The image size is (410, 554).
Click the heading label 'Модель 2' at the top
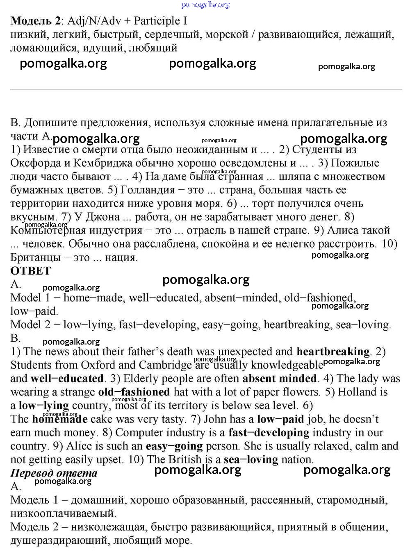pos(36,21)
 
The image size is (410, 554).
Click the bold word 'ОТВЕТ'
pos(31,271)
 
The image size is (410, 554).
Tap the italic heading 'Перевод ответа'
pos(54,473)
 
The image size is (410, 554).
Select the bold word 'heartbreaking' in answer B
pos(333,352)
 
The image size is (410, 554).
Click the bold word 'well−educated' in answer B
pos(67,379)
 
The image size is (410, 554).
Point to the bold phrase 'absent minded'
pos(279,379)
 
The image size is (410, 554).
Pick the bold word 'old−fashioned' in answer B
pos(134,392)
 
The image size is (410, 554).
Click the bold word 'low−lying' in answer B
pos(44,406)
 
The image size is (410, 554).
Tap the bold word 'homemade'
pos(60,419)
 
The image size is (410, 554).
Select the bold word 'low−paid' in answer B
pos(280,419)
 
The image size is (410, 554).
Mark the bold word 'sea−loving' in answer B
pos(251,459)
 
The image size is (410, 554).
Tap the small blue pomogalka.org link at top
pos(205,5)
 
